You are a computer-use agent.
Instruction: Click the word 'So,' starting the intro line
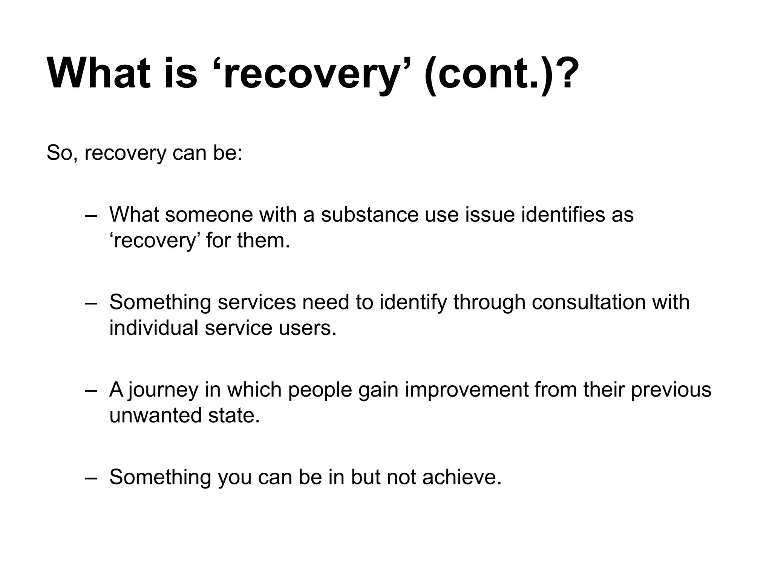61,153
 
